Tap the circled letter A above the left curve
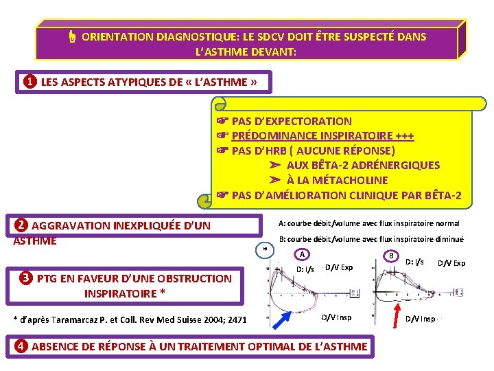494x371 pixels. (x=303, y=254)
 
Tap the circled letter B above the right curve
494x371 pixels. (x=391, y=256)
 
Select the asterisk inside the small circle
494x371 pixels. (x=265, y=249)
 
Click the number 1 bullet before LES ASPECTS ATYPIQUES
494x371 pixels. (x=30, y=82)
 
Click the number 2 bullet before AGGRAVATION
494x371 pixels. (x=21, y=225)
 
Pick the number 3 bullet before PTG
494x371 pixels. (x=26, y=278)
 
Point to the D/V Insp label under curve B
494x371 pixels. (x=420, y=318)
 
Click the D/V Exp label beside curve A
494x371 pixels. (x=339, y=267)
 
